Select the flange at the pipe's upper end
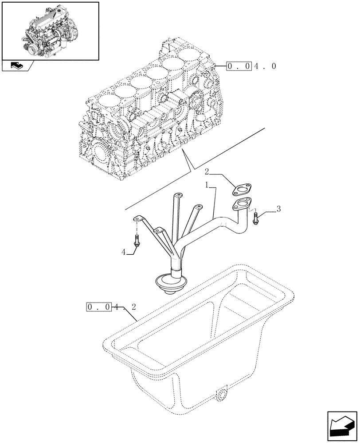click(241, 205)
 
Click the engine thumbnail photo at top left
click(50, 31)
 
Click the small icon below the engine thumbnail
click(17, 66)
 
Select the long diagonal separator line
click(195, 168)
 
